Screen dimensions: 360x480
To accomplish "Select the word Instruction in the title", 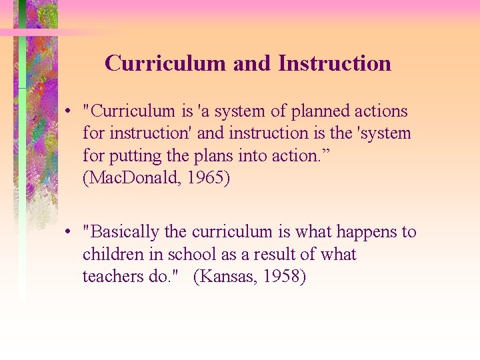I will click(x=334, y=63).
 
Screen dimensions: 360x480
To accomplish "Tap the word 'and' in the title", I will click(x=252, y=63).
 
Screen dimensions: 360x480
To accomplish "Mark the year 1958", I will click(x=281, y=277).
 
